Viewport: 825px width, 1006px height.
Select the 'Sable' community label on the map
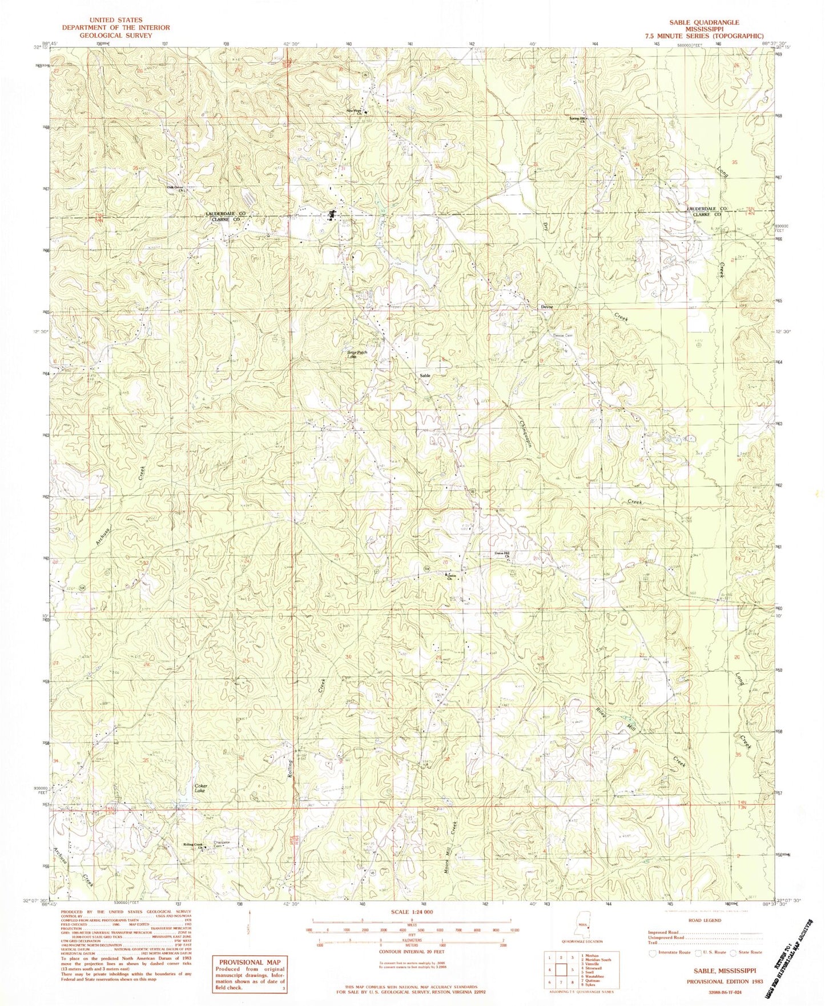(x=424, y=375)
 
